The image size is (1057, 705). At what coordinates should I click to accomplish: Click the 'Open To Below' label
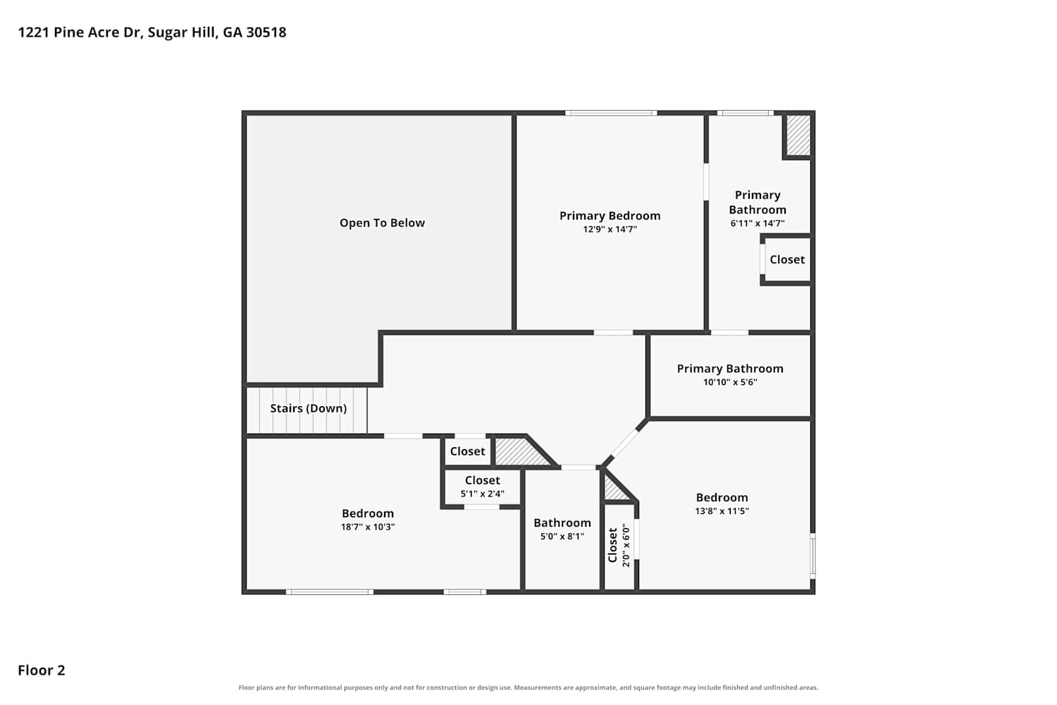coord(382,223)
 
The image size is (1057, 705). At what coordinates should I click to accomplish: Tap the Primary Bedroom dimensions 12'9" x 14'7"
coord(610,230)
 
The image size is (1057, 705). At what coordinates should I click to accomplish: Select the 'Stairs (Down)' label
coord(308,408)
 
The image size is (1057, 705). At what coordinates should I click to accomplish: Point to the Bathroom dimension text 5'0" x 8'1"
coord(562,537)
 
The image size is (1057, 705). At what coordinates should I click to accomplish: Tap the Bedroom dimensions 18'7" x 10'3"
coord(368,527)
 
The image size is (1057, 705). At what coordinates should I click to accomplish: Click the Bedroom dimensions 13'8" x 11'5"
coord(722,511)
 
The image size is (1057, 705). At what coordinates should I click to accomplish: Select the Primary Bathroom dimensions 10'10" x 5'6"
coord(730,382)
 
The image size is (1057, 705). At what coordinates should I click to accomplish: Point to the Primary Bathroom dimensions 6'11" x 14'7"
coord(758,223)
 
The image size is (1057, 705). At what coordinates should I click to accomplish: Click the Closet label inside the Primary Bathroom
coord(787,259)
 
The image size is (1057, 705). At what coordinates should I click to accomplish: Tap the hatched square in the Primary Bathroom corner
coord(798,135)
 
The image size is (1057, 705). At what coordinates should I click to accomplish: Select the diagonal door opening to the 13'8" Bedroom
coord(624,443)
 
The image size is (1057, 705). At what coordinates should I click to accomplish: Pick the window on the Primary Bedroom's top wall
coord(611,113)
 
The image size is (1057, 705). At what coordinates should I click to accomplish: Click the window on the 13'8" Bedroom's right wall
coord(812,556)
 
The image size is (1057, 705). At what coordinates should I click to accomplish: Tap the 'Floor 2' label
coord(42,670)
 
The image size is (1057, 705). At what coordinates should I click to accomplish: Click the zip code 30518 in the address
coord(266,32)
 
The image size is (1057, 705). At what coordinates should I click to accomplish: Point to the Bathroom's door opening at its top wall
coord(579,467)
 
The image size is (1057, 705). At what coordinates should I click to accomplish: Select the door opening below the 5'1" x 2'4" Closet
coord(482,507)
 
